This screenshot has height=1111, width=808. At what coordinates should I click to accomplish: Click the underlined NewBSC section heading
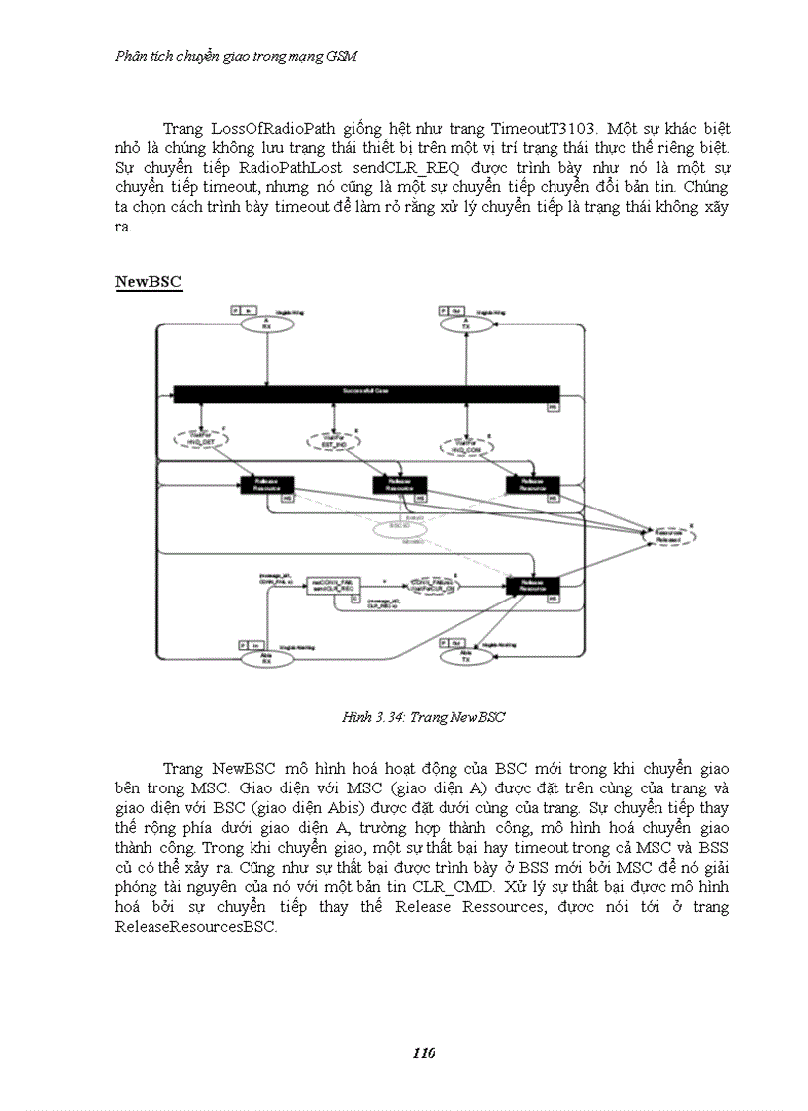pyautogui.click(x=149, y=282)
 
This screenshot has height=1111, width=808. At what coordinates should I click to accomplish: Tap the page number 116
pyautogui.click(x=424, y=1052)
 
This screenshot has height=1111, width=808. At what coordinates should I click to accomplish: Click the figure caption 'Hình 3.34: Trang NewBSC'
pyautogui.click(x=423, y=717)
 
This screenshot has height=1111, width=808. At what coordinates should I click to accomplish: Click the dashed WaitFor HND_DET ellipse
pyautogui.click(x=202, y=439)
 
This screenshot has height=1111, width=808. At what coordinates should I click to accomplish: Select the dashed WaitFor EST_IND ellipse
pyautogui.click(x=333, y=438)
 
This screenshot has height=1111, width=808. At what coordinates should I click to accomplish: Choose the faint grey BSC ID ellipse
pyautogui.click(x=400, y=529)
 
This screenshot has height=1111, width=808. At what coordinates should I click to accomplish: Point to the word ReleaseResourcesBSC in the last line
pyautogui.click(x=196, y=928)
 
